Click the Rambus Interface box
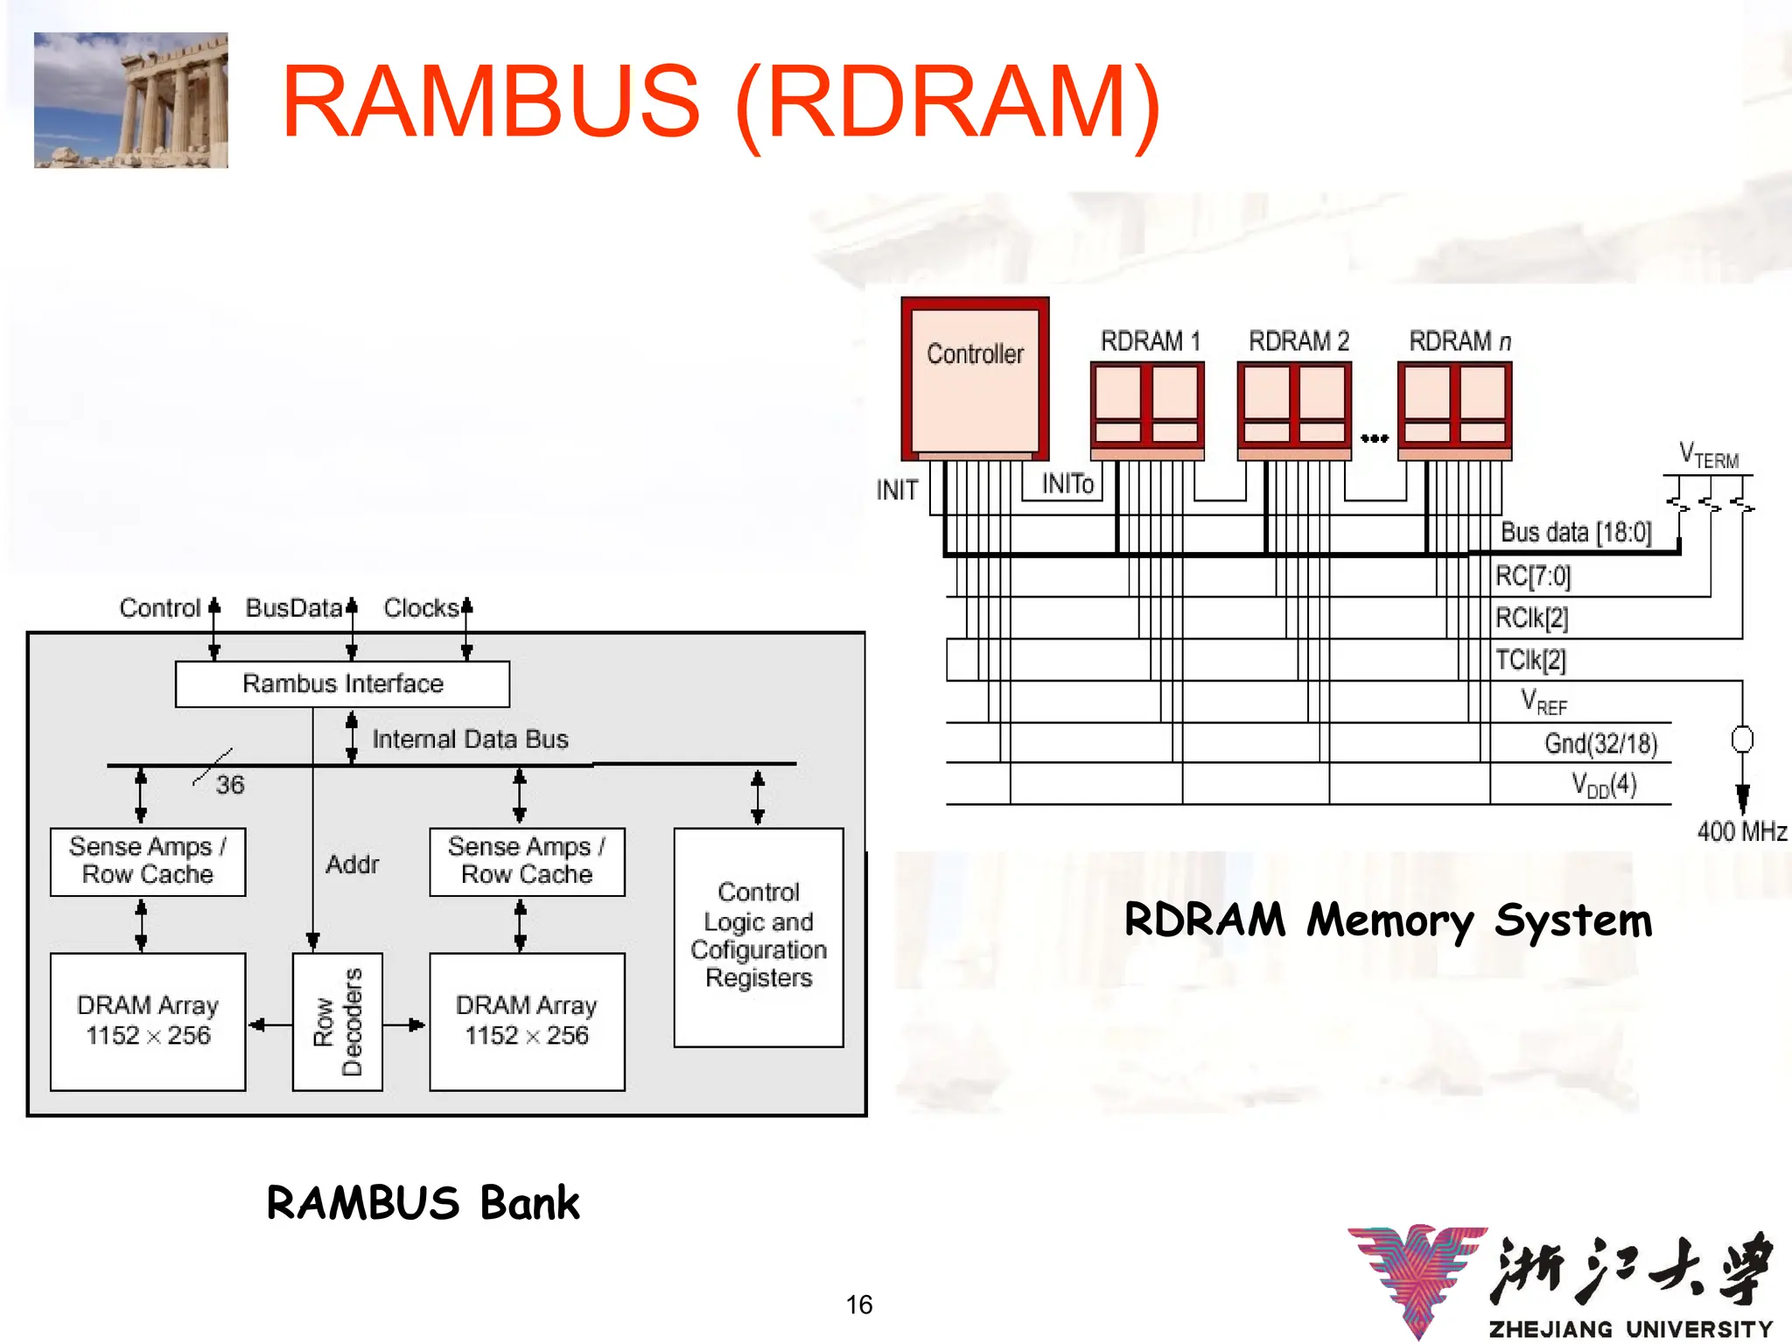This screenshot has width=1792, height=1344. (342, 683)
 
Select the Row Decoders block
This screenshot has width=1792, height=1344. (337, 1021)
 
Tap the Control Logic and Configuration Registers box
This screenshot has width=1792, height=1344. (758, 936)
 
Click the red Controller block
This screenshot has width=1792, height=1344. (975, 378)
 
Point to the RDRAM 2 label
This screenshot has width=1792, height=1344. (1298, 341)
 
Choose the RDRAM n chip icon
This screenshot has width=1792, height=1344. (1454, 408)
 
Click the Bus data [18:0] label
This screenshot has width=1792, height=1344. (1576, 532)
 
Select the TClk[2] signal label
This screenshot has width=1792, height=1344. (1530, 660)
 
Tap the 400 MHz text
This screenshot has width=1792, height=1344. (1741, 831)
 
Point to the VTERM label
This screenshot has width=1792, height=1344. (1708, 456)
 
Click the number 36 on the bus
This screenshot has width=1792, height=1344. (230, 785)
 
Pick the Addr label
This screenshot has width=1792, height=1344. (352, 864)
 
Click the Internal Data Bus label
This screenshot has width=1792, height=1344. (470, 739)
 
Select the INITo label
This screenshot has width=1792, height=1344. (1067, 484)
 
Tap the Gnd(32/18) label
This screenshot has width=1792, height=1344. (1600, 744)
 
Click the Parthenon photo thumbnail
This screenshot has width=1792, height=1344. (131, 100)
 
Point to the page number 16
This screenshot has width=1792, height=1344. (858, 1305)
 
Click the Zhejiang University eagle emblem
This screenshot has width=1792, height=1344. (1417, 1278)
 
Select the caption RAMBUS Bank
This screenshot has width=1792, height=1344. (423, 1203)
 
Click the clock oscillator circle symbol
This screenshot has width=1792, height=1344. (1742, 739)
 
